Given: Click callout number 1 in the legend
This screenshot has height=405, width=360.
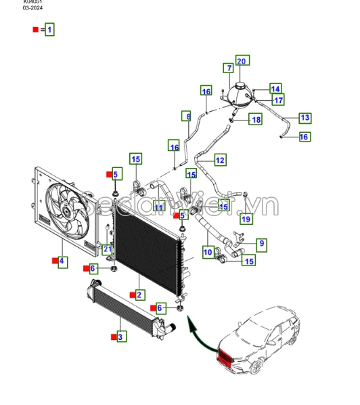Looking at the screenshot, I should click(49, 30).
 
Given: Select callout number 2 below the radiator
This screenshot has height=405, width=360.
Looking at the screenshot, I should click(139, 295).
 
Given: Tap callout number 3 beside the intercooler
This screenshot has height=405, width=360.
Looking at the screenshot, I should click(120, 336).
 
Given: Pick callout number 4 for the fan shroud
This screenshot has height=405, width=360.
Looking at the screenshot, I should click(62, 261).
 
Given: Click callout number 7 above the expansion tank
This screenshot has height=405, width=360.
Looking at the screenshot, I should click(229, 68).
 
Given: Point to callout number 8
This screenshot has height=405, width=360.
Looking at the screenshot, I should click(187, 117).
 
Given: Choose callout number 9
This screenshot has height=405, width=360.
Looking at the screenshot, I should click(261, 244).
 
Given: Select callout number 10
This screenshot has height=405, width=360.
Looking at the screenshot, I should click(208, 253).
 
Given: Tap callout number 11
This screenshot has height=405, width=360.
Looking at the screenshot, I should click(158, 207).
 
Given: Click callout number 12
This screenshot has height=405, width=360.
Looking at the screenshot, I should click(220, 160).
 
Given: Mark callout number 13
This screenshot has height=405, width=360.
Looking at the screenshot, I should click(305, 118).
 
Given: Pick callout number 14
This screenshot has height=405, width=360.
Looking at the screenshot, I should click(275, 89).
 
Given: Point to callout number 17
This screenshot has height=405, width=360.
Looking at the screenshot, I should click(278, 100).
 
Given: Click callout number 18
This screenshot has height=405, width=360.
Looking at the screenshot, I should click(255, 120).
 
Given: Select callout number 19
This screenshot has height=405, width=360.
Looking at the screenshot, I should click(246, 218).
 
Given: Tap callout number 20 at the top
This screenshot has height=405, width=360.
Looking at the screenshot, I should click(242, 61).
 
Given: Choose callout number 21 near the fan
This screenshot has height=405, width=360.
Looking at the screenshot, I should click(107, 250).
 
